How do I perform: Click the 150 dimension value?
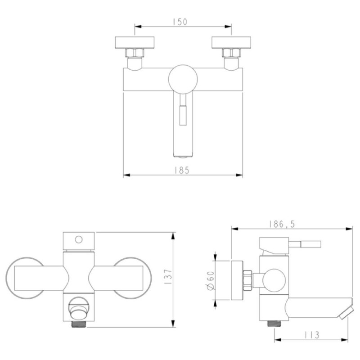180,22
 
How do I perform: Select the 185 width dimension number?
182,171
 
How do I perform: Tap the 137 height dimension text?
168,277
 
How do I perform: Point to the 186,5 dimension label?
282,224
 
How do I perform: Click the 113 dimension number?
312,335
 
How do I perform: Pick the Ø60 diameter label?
211,280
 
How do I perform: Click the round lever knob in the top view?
183,79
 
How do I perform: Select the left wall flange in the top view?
135,42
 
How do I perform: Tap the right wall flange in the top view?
231,42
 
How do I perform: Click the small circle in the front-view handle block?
78,240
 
